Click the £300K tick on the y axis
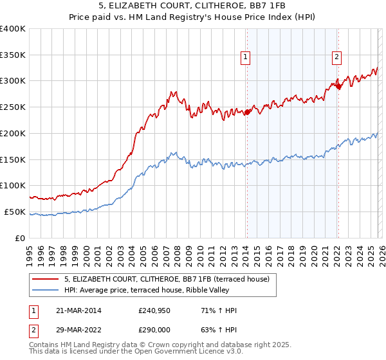(13, 81)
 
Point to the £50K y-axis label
(15, 212)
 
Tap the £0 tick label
(21, 238)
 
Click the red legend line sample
(46, 279)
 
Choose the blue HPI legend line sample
(46, 290)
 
